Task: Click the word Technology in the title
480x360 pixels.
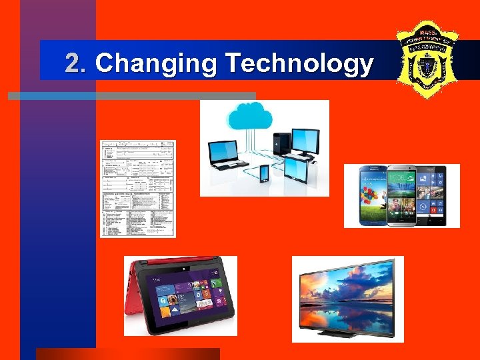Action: (299, 64)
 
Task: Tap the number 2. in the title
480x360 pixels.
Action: (76, 64)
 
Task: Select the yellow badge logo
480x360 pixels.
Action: (426, 59)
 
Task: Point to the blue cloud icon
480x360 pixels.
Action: (250, 117)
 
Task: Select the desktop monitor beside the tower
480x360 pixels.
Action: (306, 141)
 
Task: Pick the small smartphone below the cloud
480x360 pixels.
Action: (264, 173)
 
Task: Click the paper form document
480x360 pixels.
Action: (138, 189)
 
